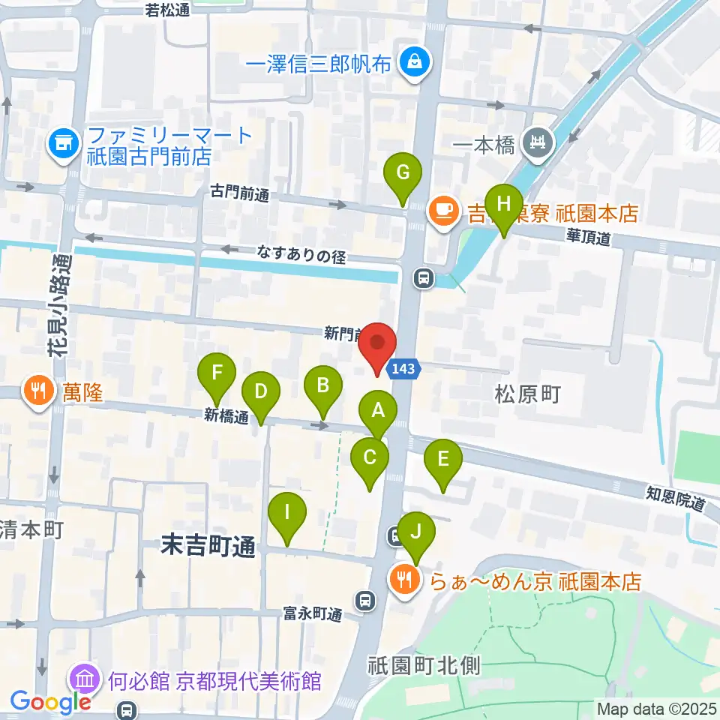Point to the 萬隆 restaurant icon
click(x=37, y=390)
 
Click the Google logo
click(x=50, y=702)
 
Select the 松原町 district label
click(x=528, y=394)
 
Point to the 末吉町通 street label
click(x=208, y=546)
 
